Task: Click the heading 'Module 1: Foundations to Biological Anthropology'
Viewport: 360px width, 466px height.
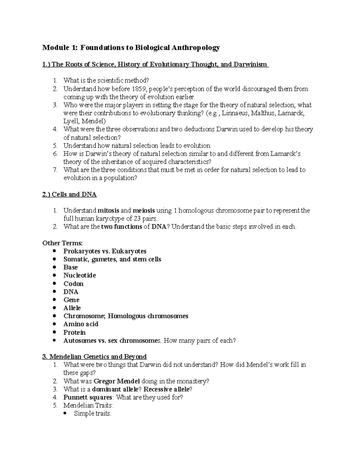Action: [x=131, y=47]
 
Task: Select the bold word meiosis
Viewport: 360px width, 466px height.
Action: [x=144, y=210]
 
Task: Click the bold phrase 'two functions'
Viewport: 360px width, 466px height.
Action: [x=121, y=227]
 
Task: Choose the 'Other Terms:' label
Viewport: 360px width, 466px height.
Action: [x=62, y=243]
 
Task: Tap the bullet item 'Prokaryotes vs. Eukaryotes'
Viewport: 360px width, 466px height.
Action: [x=105, y=251]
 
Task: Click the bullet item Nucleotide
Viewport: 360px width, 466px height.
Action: [x=79, y=275]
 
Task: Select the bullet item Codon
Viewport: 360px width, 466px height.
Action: [x=73, y=284]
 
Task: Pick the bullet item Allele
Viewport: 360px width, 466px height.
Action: [x=72, y=308]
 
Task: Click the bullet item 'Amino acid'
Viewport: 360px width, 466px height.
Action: [x=81, y=324]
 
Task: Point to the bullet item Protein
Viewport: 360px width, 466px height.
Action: [x=74, y=332]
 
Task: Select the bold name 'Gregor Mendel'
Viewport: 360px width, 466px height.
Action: [x=117, y=381]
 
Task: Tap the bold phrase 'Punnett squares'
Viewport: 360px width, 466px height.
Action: [x=88, y=397]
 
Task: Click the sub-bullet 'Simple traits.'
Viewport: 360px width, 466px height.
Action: [x=92, y=413]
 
